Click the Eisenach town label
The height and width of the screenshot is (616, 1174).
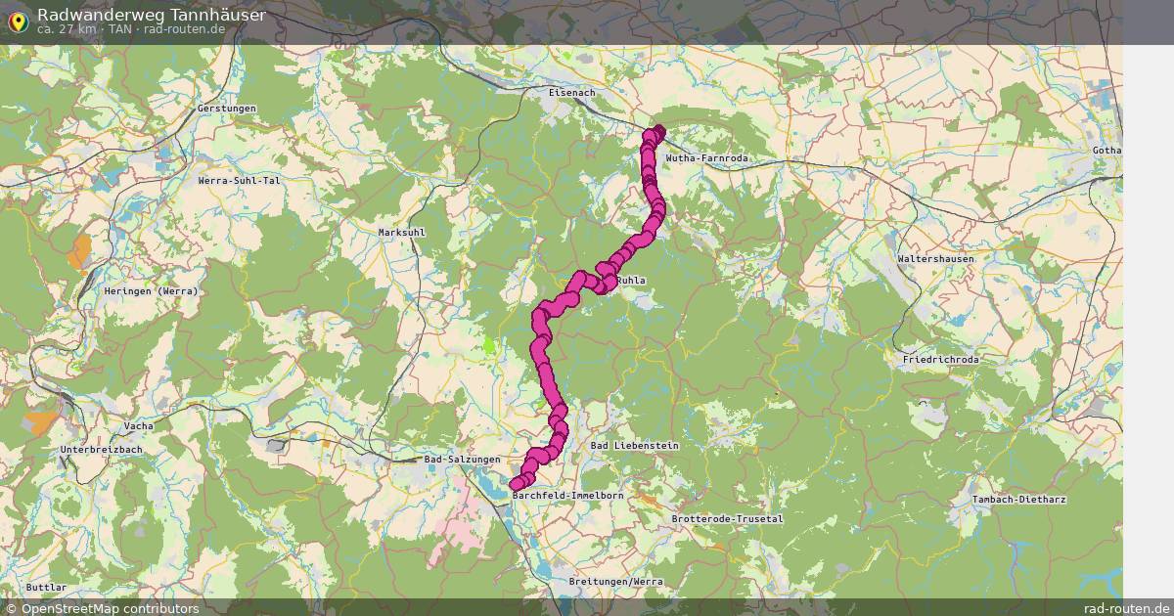[571, 92]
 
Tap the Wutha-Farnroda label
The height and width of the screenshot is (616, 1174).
[706, 158]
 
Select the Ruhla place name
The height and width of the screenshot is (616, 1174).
[631, 281]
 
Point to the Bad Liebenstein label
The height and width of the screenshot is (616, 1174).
[635, 446]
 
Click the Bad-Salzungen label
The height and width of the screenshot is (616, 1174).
[462, 460]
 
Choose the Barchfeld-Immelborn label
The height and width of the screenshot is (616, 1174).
[567, 496]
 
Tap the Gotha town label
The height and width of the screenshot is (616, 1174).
[1106, 151]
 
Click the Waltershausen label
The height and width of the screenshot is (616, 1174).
[935, 259]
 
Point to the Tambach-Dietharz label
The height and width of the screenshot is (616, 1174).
[1018, 500]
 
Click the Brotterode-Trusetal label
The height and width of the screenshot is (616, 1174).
[727, 519]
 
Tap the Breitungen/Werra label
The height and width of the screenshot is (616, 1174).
[615, 582]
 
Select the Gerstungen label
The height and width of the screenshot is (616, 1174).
[226, 109]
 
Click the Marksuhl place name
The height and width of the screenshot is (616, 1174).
[401, 233]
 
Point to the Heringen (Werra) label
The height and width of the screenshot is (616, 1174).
[151, 291]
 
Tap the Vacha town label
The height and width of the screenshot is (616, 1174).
[138, 426]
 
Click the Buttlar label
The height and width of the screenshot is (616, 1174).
[47, 587]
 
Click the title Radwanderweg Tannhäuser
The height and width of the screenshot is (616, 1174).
[151, 15]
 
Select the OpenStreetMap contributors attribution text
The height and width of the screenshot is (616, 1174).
[102, 608]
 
